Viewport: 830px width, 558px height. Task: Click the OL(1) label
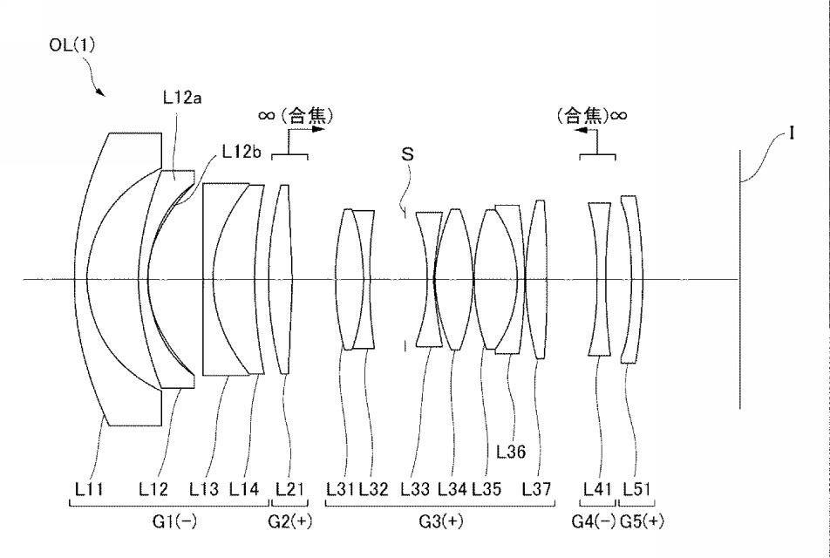[72, 45]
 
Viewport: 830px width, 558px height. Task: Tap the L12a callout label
[182, 98]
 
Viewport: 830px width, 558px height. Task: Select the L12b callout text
[242, 152]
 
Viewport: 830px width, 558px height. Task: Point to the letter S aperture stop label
[407, 154]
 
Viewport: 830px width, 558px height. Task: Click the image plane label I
[792, 133]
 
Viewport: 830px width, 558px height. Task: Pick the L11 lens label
[89, 488]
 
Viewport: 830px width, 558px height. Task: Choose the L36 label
[511, 451]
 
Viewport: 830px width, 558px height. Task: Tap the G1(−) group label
[174, 521]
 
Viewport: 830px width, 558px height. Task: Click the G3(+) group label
[441, 521]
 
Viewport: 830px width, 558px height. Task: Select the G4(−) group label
[594, 521]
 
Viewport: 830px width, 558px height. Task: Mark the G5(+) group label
[642, 521]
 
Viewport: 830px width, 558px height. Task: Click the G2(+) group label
[290, 521]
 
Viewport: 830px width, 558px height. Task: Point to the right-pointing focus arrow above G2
[307, 129]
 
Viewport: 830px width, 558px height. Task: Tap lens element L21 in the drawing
[281, 280]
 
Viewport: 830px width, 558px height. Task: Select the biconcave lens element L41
[599, 279]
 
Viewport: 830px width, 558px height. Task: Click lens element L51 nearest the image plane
[632, 280]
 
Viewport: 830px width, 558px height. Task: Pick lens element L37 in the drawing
[536, 280]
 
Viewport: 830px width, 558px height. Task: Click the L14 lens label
[244, 488]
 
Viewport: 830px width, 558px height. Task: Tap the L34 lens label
[452, 488]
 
